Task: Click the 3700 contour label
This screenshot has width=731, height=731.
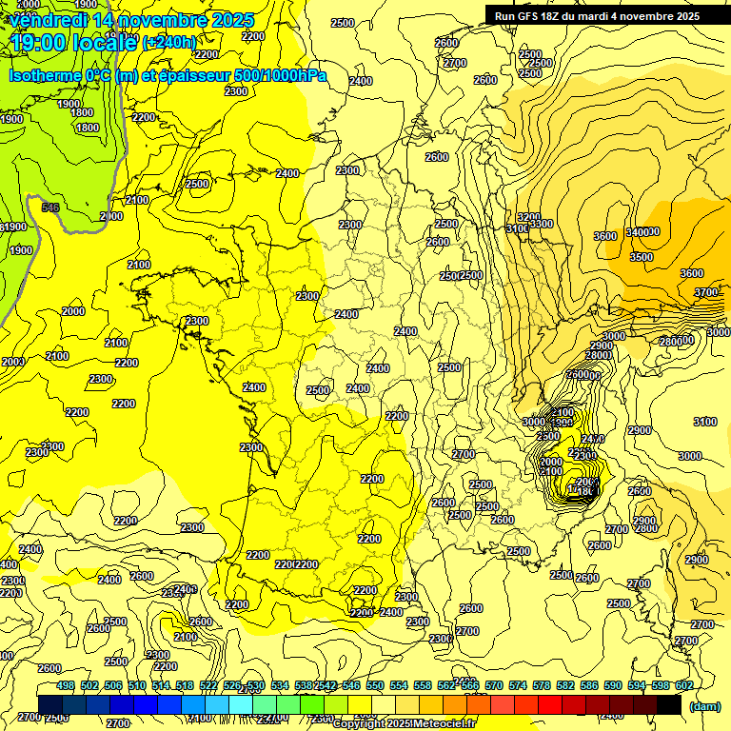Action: coord(705,292)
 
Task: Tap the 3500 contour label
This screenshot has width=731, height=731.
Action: coord(642,257)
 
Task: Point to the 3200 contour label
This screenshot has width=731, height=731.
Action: coord(528,217)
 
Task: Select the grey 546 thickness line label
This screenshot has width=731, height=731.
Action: coord(50,207)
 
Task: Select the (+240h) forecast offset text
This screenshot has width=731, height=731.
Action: coord(168,42)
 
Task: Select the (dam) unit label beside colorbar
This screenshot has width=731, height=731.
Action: coord(704,706)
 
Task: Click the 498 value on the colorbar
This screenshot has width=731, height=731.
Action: coord(66,685)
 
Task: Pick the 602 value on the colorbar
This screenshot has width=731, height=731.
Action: coord(683,685)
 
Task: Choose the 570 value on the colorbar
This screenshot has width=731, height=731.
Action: coord(494,685)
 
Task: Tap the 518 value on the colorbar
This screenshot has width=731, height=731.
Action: coord(185,685)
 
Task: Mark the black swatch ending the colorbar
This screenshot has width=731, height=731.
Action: coord(668,705)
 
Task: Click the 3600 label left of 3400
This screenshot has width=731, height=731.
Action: coord(605,236)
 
